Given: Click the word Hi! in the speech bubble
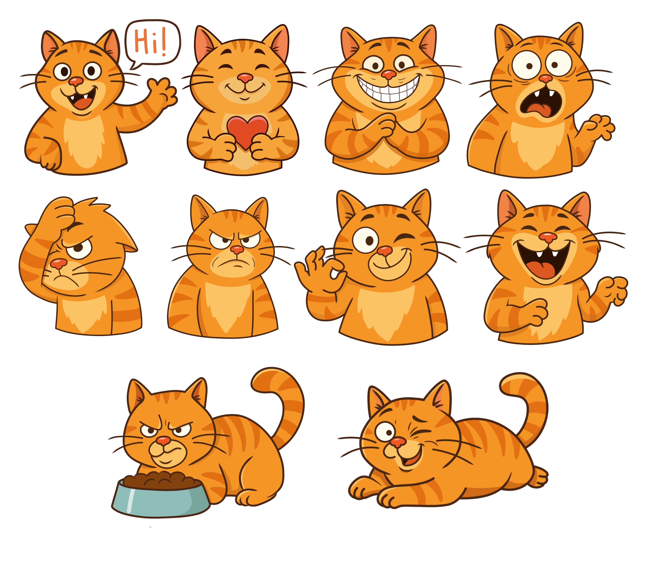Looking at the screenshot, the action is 150,42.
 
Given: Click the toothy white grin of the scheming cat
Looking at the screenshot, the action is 389,89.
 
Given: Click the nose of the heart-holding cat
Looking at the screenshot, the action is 245,77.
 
